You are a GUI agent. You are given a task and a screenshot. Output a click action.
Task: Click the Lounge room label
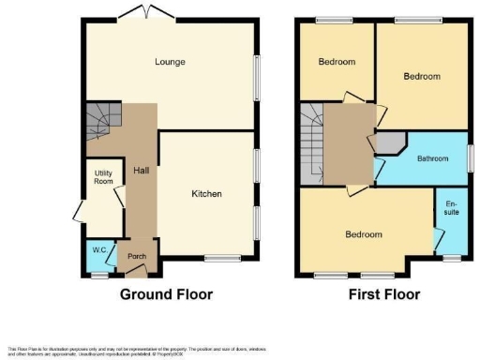[170, 63]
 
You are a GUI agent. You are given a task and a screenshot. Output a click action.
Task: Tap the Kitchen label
[206, 194]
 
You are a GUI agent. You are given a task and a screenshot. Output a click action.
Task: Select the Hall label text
[141, 171]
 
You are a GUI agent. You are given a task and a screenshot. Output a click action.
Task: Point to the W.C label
[98, 250]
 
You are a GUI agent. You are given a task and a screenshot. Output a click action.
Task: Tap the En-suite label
[451, 206]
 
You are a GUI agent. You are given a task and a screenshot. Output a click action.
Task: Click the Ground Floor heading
[166, 294]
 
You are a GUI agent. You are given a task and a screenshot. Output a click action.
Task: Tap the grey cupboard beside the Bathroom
[387, 142]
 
